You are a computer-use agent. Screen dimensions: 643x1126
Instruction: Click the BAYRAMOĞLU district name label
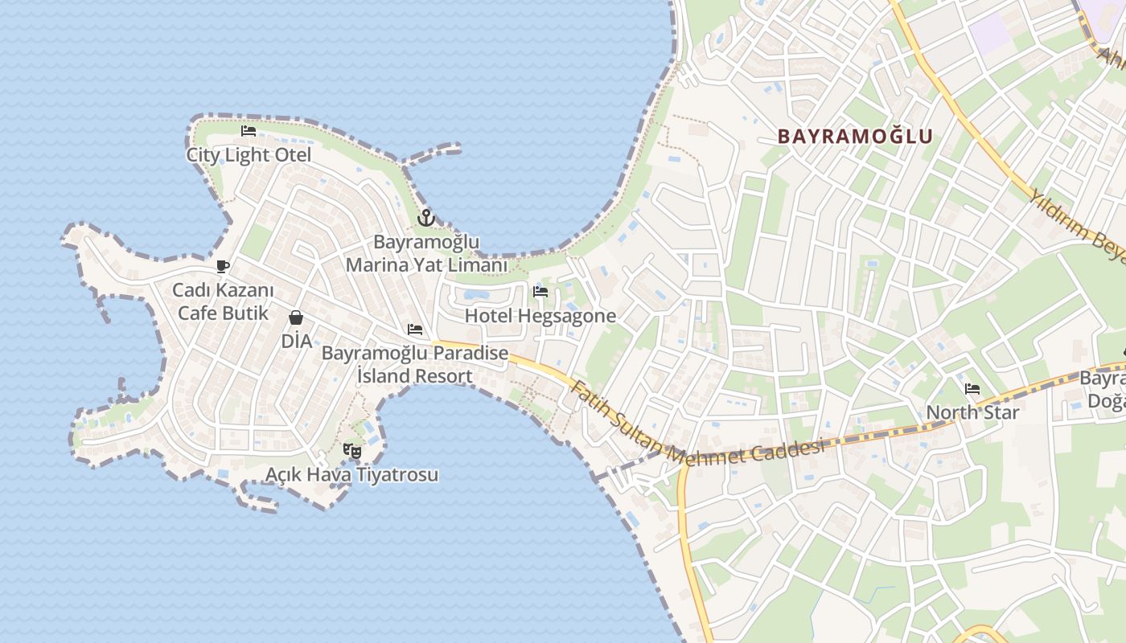(x=855, y=137)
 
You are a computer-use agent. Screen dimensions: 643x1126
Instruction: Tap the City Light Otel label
(x=249, y=155)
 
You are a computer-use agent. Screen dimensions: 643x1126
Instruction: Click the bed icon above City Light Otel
(x=249, y=131)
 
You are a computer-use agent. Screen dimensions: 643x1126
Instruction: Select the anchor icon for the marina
(x=425, y=217)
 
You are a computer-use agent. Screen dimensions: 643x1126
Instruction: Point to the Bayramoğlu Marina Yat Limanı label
(x=426, y=253)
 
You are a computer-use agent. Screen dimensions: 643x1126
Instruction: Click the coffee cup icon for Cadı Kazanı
(x=223, y=266)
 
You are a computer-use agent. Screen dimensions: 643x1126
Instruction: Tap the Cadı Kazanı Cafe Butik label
(x=223, y=301)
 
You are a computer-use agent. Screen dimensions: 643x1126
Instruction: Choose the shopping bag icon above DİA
(x=296, y=317)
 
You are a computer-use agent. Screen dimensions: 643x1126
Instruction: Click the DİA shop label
(x=296, y=341)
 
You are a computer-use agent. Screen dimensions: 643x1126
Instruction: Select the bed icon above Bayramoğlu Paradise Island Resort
(x=415, y=329)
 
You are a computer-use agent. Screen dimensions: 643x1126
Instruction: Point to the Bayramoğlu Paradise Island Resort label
(x=415, y=364)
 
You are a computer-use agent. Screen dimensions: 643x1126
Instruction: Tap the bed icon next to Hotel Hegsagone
(x=540, y=292)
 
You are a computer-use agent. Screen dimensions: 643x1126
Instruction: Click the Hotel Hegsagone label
(x=540, y=316)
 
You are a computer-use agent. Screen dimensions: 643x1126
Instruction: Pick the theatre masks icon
(x=351, y=451)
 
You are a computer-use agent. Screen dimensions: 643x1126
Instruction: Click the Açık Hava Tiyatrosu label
(x=352, y=474)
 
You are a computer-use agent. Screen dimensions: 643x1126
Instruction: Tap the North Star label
(x=972, y=413)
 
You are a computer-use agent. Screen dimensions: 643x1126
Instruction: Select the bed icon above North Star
(x=972, y=390)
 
